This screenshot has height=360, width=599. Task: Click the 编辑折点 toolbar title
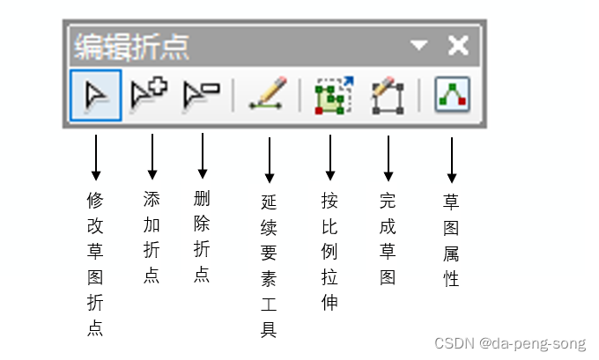coord(131,46)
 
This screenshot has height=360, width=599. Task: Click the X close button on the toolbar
coord(458,45)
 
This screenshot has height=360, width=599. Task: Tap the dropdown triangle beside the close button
coord(418,45)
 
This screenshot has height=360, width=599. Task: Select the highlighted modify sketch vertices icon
coord(95,95)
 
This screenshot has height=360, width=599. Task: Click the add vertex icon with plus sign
coord(147,94)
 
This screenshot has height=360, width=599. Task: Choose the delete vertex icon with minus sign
coord(201,94)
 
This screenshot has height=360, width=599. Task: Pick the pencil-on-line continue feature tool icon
coord(269,94)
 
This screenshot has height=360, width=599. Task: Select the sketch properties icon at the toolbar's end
coord(452,95)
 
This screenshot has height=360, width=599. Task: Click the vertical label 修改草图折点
coord(95,264)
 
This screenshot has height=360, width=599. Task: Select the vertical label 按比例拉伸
coord(330,252)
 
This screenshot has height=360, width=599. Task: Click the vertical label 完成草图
coord(388,239)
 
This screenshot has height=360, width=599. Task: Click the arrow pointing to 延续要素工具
coord(269,159)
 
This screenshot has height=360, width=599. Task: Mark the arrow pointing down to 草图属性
coord(451,159)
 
